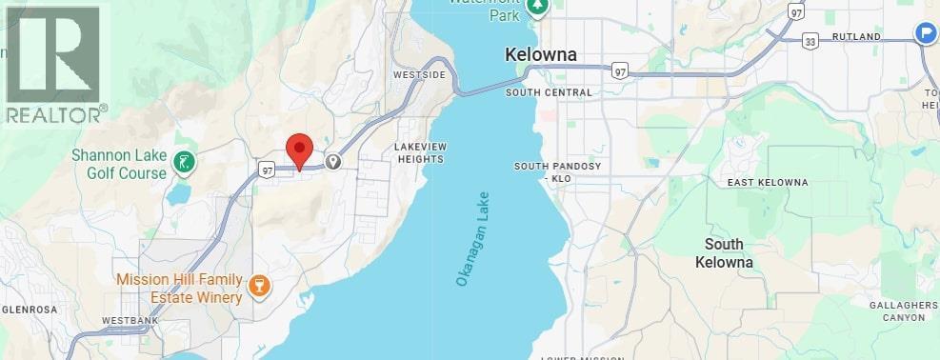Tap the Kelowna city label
tap(541, 55)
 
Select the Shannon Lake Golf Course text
tap(119, 164)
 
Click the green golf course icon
tap(183, 164)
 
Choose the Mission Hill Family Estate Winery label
tap(179, 288)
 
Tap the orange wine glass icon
tap(257, 287)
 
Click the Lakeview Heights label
tap(419, 152)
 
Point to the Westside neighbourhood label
tap(418, 74)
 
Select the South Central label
tap(549, 92)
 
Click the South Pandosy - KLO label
tap(557, 171)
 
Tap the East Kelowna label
tap(767, 182)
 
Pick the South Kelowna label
tap(724, 252)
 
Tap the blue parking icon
tap(925, 33)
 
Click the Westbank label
tap(130, 320)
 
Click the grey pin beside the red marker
tap(333, 162)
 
